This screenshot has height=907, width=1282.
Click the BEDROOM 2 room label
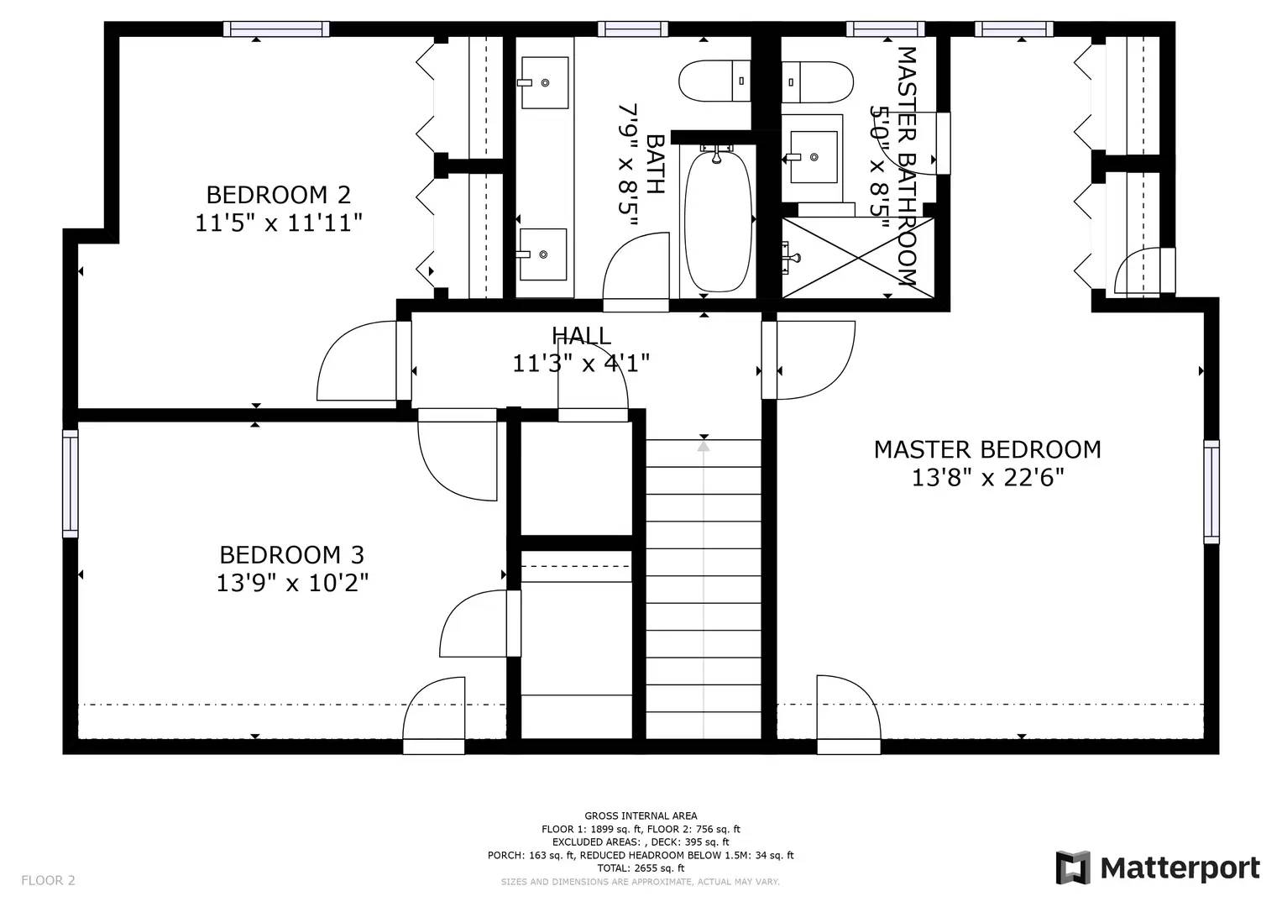point(278,195)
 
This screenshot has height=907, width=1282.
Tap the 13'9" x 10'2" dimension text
point(292,583)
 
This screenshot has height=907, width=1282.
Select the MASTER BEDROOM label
point(987,449)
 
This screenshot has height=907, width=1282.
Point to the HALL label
point(581,336)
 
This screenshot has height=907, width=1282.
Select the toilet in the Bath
point(713,81)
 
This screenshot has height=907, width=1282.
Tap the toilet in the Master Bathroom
point(818,81)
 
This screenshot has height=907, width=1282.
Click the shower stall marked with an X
point(857,257)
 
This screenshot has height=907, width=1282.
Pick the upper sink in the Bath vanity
point(544,82)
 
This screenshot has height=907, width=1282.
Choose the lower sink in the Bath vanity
point(543,254)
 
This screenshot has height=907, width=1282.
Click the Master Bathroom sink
point(813,157)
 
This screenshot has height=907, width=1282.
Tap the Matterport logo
point(1158,868)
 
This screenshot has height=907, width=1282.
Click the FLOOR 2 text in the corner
point(48,880)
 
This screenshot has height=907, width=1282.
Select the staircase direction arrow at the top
point(704,445)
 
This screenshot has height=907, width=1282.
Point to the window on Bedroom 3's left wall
point(71,484)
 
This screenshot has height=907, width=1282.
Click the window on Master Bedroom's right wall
point(1211,490)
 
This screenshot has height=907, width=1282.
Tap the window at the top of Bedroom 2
point(275,29)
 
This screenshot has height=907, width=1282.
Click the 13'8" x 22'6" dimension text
point(987,478)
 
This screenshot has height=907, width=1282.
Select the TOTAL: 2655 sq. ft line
point(641,868)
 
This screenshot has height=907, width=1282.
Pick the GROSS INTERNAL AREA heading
point(641,815)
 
